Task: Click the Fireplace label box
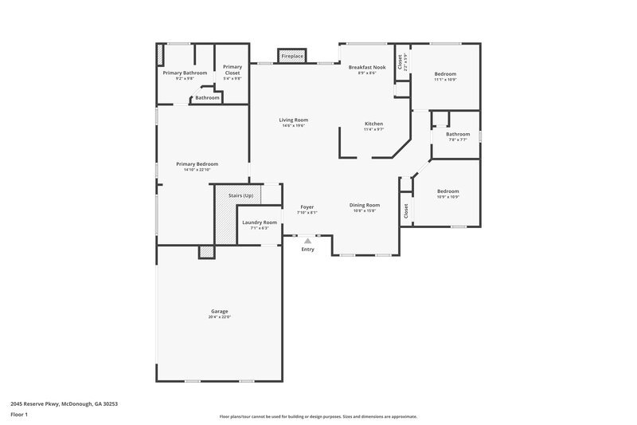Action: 291,57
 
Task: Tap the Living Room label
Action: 294,120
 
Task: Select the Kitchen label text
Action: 374,124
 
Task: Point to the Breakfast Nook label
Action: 367,69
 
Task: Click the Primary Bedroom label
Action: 197,164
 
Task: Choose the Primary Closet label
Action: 232,69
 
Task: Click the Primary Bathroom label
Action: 185,73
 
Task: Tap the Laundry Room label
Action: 260,222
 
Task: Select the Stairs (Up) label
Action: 240,195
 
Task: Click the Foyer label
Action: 307,207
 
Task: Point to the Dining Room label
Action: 365,205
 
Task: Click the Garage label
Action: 219,311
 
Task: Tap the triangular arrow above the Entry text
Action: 307,240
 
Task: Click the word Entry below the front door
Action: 307,250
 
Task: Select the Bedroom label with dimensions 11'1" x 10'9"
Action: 445,74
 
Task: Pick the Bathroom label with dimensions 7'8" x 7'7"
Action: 457,135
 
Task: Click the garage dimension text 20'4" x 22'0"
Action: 219,317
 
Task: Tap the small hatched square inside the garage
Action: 206,252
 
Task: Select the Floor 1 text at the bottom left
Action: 20,415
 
